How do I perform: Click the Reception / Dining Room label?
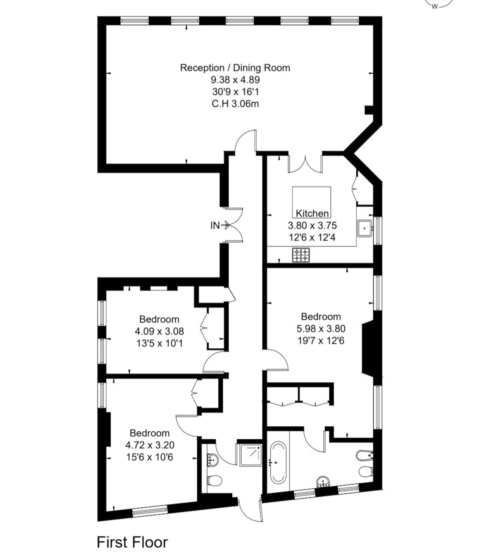235,68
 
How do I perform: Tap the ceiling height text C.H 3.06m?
235,104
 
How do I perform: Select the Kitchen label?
312,213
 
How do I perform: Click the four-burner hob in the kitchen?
301,255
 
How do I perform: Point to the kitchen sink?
365,228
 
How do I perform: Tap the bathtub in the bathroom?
278,462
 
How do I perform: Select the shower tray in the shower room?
249,455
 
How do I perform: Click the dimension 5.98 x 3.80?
321,329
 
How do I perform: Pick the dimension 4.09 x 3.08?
159,331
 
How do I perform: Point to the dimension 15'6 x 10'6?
149,457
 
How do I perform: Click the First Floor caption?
132,542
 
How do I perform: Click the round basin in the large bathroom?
323,482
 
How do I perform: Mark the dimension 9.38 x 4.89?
235,80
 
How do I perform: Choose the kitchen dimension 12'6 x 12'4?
312,237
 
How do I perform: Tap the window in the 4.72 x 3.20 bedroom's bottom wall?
150,510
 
